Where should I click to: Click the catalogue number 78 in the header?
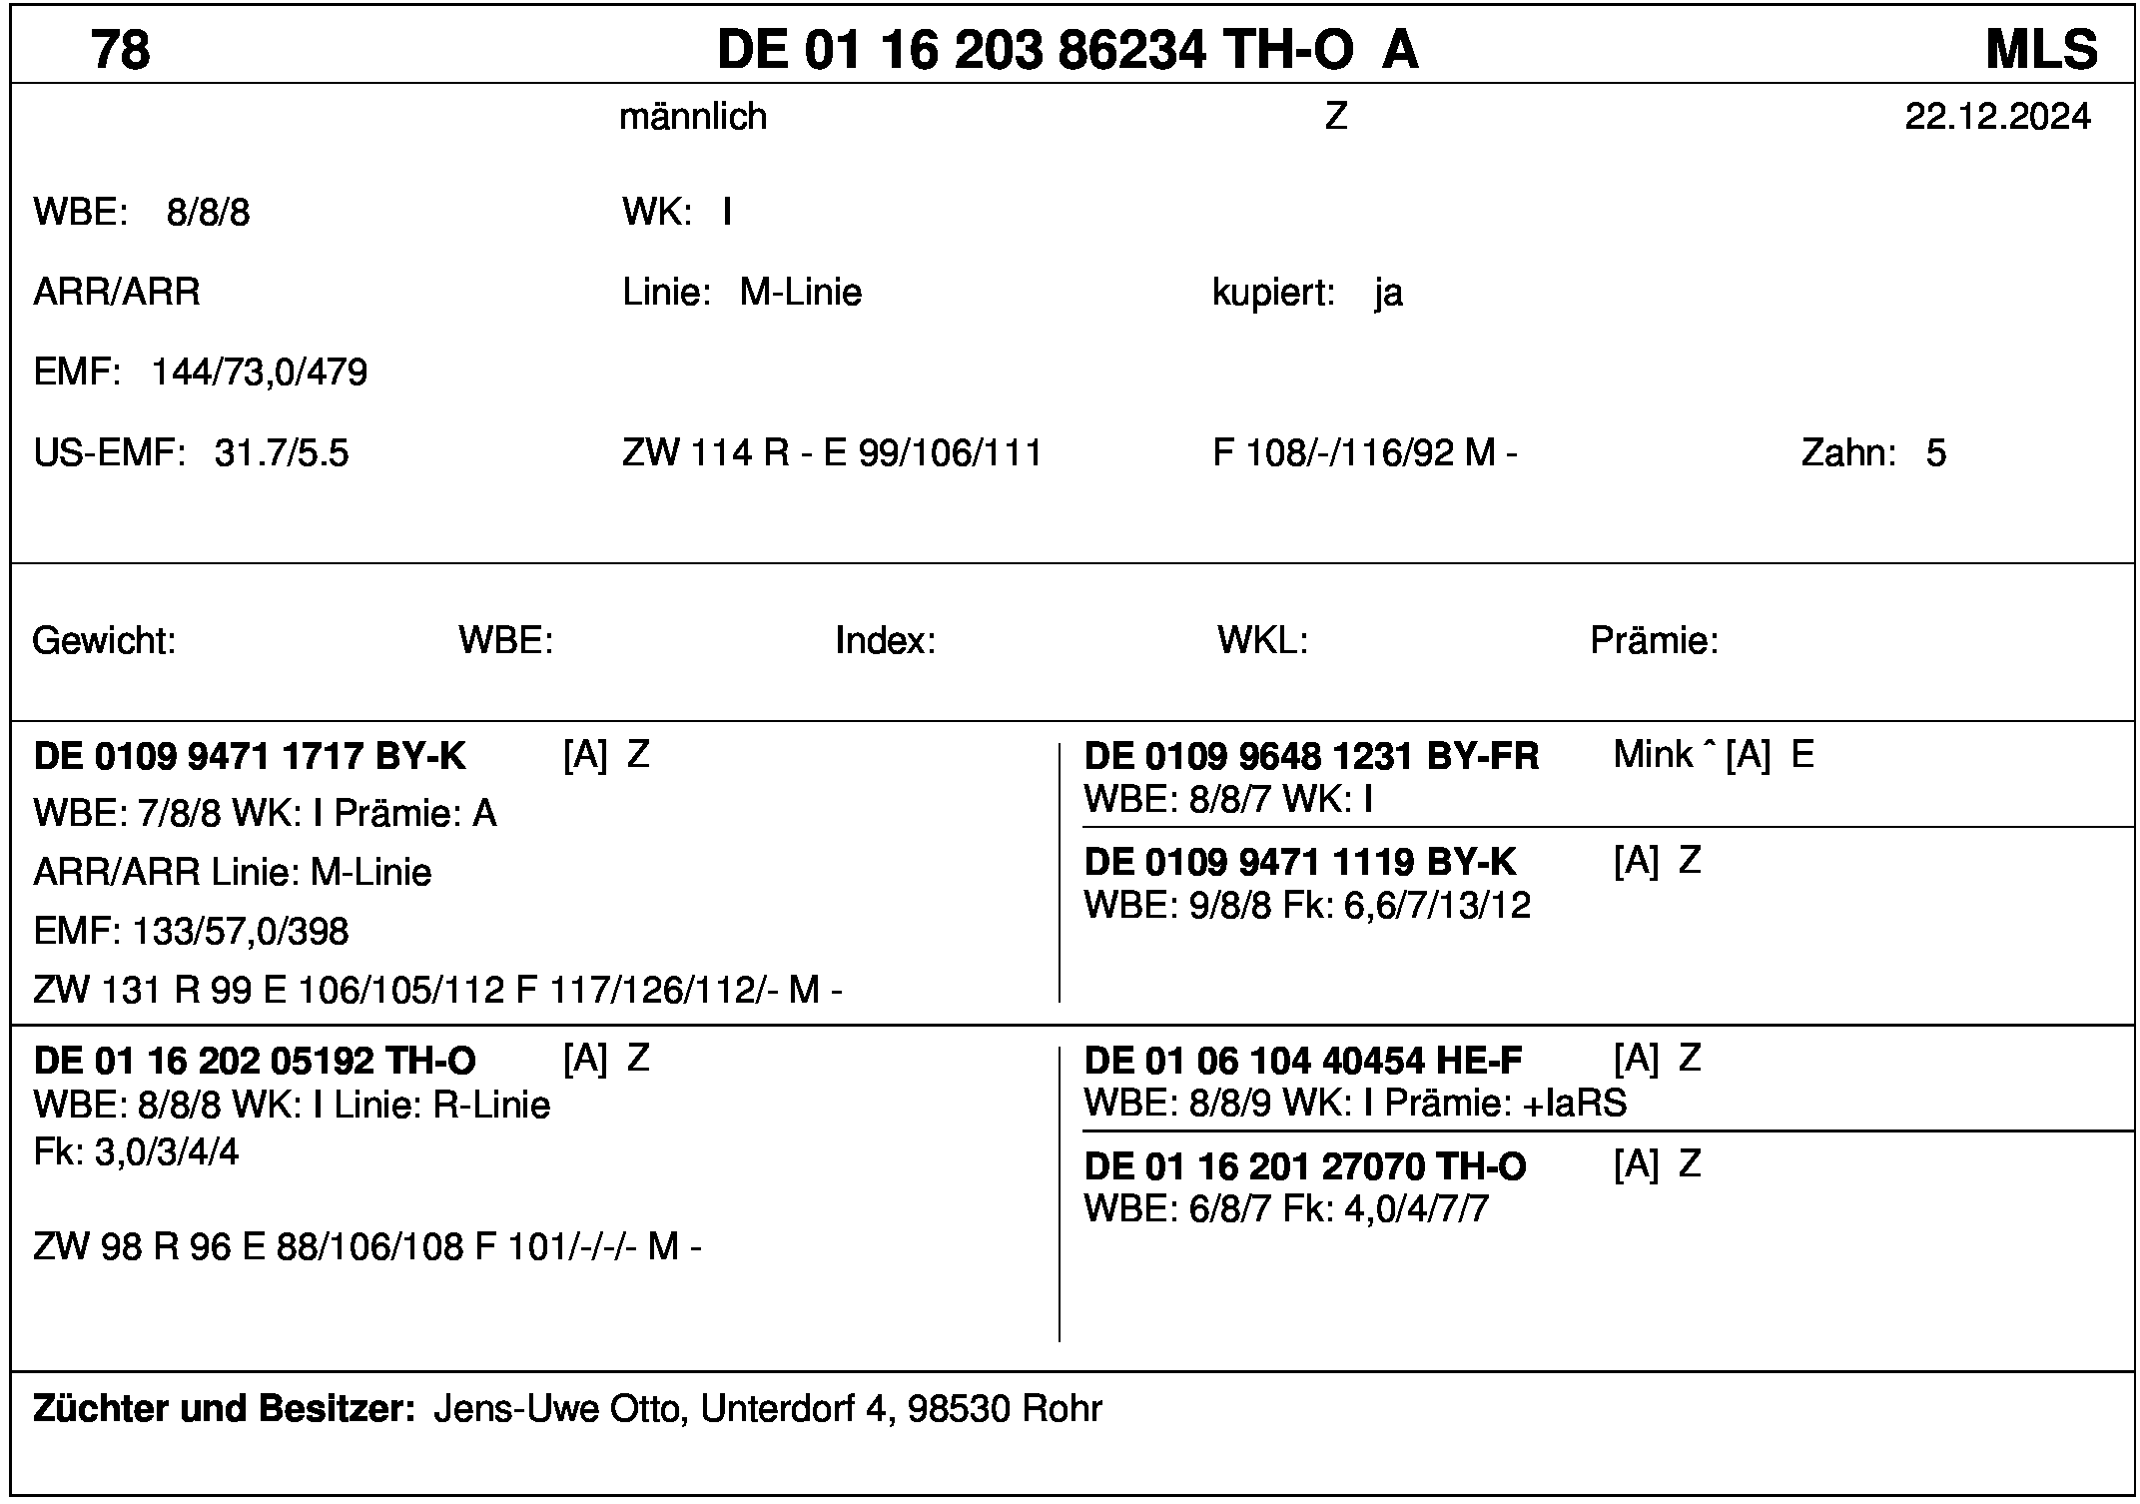pyautogui.click(x=121, y=49)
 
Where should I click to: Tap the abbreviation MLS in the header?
pyautogui.click(x=2040, y=49)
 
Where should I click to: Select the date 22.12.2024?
pyautogui.click(x=1997, y=117)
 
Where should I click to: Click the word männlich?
pyautogui.click(x=693, y=117)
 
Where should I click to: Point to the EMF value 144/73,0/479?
pyautogui.click(x=260, y=373)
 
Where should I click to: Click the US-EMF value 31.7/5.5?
pyautogui.click(x=282, y=453)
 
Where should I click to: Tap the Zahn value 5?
pyautogui.click(x=1935, y=453)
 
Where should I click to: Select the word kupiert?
pyautogui.click(x=1272, y=293)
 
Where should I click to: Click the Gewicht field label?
pyautogui.click(x=104, y=640)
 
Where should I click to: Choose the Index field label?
pyautogui.click(x=885, y=640)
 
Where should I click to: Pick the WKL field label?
pyautogui.click(x=1262, y=640)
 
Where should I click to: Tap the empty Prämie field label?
pyautogui.click(x=1654, y=640)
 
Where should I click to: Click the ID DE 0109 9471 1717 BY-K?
pyautogui.click(x=250, y=756)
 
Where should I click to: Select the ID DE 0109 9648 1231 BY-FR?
pyautogui.click(x=1311, y=756)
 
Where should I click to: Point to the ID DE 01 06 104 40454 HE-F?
pyautogui.click(x=1303, y=1060)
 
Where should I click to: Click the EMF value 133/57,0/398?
pyautogui.click(x=241, y=932)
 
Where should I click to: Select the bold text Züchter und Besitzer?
pyautogui.click(x=224, y=1408)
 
